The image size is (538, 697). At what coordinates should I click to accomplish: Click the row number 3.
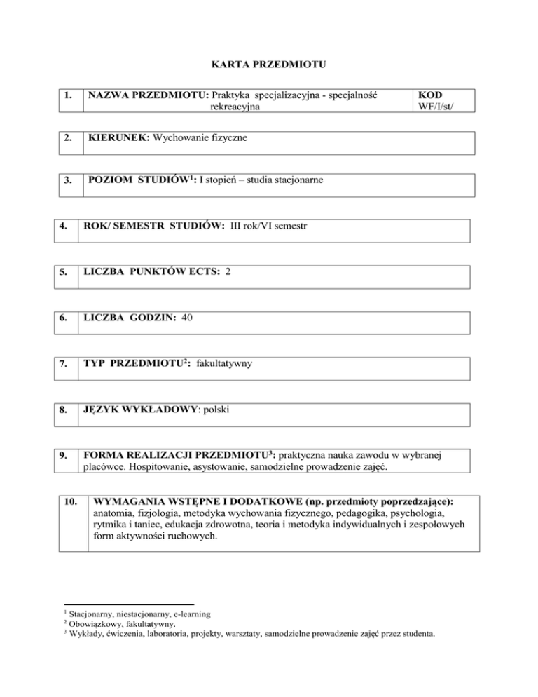67,182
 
